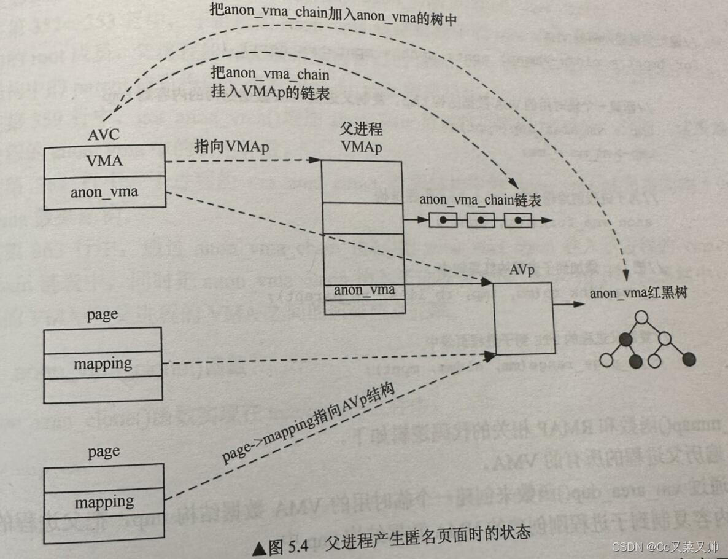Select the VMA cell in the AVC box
(x=104, y=161)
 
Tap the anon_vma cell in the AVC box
(x=104, y=192)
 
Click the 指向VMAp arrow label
(x=232, y=146)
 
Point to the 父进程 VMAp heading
(x=362, y=139)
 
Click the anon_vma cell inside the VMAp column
(x=364, y=290)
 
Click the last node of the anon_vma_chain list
(x=517, y=220)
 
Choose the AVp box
(x=525, y=319)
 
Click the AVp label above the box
(x=524, y=270)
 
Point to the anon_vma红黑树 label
(x=638, y=294)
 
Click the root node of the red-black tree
(x=642, y=318)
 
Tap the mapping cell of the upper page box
(x=103, y=364)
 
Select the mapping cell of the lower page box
(x=104, y=502)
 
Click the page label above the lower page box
(x=103, y=452)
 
